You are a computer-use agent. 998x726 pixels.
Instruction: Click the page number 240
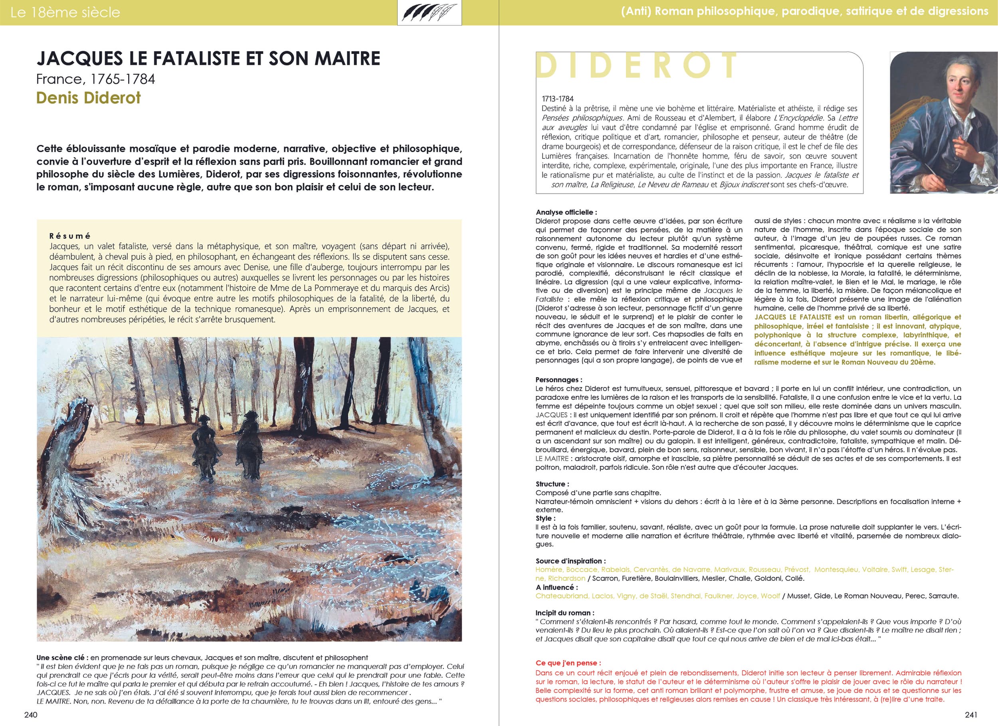click(31, 714)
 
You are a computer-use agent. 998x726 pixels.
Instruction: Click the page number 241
click(971, 714)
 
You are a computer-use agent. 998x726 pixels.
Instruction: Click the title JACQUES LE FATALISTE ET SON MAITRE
click(208, 59)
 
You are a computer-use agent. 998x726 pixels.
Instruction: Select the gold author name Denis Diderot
click(89, 97)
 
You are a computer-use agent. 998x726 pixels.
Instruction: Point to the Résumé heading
click(70, 236)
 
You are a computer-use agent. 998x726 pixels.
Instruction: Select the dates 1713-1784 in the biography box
click(558, 99)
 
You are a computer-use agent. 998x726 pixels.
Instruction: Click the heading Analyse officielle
click(566, 212)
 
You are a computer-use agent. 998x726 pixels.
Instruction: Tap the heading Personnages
click(559, 379)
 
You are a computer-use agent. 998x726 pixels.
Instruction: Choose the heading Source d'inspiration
click(571, 561)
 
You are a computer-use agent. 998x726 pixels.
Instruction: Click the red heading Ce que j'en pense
click(568, 663)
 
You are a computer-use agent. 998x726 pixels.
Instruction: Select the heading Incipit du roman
click(565, 613)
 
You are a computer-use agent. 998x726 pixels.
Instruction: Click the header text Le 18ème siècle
click(65, 12)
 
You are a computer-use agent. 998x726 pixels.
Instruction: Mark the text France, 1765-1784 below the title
click(95, 79)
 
